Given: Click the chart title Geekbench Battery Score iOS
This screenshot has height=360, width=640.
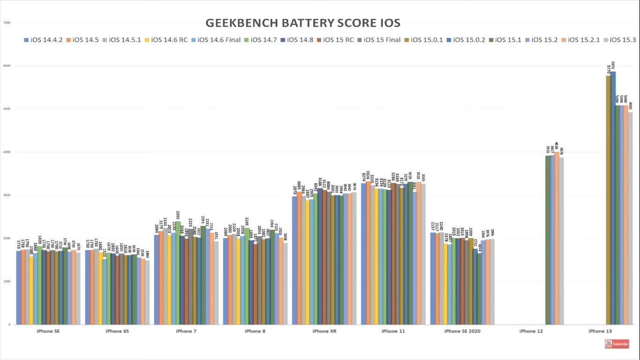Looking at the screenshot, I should coord(303,23).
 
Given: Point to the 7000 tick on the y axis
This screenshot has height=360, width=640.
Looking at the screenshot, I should coord(7,22).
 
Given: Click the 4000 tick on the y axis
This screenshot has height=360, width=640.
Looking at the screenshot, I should coord(7,152).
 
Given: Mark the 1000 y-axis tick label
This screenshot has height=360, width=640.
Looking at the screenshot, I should coord(7,281).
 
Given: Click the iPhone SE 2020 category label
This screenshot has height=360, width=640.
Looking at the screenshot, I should coord(462,331).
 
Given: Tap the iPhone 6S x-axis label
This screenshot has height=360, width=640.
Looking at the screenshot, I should coord(117,331).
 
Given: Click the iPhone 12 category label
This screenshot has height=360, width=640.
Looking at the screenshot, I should coord(531,331).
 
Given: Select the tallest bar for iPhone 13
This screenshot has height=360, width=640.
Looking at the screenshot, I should coord(613,197).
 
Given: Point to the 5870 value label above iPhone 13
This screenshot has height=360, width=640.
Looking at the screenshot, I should coord(613,66).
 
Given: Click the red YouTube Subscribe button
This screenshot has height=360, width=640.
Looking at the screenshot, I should coord(617,345).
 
